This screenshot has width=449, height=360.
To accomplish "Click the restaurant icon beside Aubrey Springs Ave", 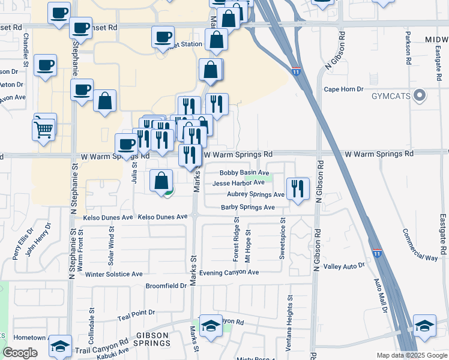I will [x=297, y=190].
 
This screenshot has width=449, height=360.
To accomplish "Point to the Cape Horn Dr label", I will [x=344, y=89].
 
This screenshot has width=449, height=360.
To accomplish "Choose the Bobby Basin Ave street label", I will [x=244, y=173].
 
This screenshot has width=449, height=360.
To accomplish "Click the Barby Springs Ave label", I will [x=247, y=208].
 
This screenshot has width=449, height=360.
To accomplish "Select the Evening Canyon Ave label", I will [x=229, y=272].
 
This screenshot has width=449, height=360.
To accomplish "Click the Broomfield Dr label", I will [x=166, y=286].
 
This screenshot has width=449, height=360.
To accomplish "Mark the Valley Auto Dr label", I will [x=344, y=266].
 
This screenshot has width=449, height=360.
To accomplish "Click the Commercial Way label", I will [x=420, y=245].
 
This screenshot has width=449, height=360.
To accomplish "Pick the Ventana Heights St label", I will [x=290, y=317].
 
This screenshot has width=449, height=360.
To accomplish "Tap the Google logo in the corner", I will [x=20, y=353].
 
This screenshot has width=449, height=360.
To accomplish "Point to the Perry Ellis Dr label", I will [x=22, y=243].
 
